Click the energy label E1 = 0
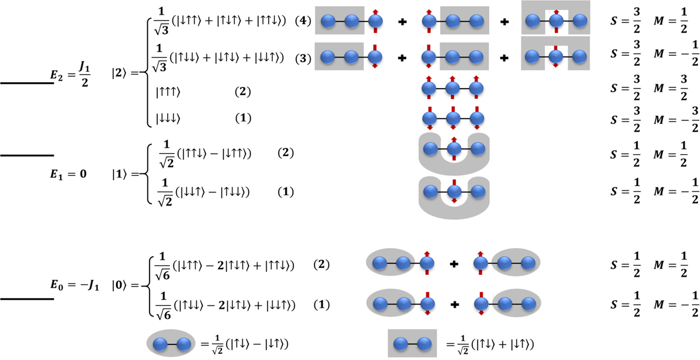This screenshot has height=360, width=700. pyautogui.click(x=64, y=174)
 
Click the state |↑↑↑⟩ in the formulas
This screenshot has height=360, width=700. pyautogui.click(x=168, y=92)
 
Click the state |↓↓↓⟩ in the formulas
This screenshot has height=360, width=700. pyautogui.click(x=168, y=118)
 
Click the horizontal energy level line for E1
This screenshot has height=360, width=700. pyautogui.click(x=27, y=155)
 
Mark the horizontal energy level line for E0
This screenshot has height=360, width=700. pyautogui.click(x=27, y=299)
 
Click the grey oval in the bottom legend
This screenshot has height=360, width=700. pyautogui.click(x=170, y=343)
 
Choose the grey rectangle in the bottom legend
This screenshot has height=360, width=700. pyautogui.click(x=412, y=343)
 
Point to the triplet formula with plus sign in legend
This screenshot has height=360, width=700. pyautogui.click(x=490, y=344)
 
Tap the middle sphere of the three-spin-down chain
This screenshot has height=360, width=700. pyautogui.click(x=453, y=118)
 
